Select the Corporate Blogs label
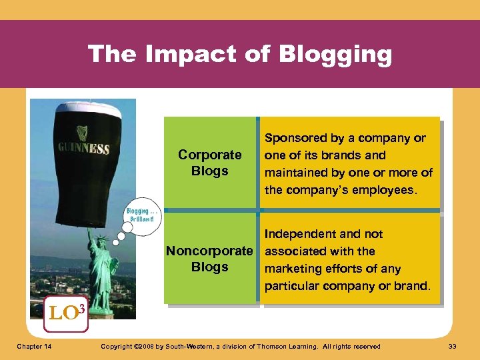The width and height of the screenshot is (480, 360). (209, 163)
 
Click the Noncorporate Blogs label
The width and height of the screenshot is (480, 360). (209, 259)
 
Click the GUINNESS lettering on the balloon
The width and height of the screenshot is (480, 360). (83, 147)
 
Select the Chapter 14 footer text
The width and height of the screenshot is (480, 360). (35, 347)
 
